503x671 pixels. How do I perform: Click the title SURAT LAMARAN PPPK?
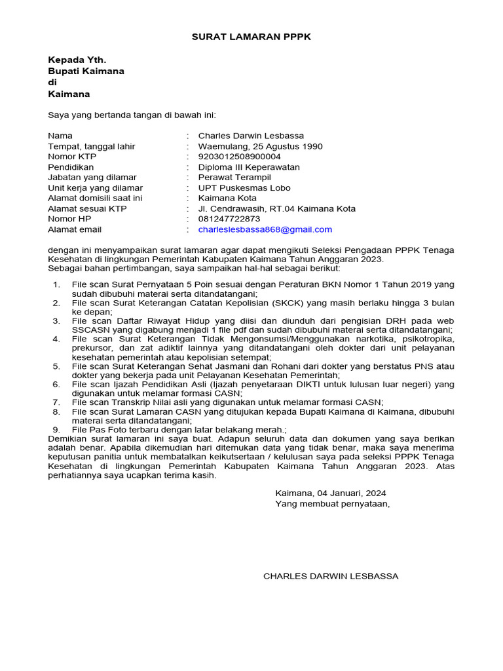click(x=251, y=37)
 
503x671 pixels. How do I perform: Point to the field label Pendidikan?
click(x=70, y=167)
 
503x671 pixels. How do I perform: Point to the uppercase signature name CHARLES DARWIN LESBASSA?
click(x=330, y=576)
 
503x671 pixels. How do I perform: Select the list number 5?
click(x=56, y=366)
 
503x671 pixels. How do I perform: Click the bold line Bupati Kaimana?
click(x=86, y=71)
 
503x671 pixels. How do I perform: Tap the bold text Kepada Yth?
click(x=77, y=59)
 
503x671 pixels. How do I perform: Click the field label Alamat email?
click(x=75, y=229)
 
